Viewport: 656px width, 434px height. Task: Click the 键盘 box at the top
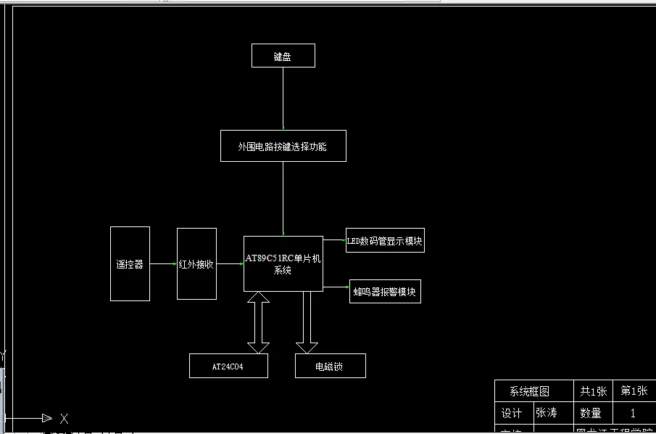coord(283,56)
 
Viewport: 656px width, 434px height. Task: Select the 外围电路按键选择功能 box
coord(283,146)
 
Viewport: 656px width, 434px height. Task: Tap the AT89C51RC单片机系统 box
coord(283,263)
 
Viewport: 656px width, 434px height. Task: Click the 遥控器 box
coord(130,263)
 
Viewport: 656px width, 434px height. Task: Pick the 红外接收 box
coord(196,263)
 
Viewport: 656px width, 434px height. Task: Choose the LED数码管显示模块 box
coord(384,241)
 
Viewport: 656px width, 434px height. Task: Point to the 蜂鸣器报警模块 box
coord(385,292)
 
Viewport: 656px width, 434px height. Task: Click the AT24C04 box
coord(228,367)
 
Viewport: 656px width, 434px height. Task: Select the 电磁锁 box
coord(330,367)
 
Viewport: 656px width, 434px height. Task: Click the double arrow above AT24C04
coord(258,323)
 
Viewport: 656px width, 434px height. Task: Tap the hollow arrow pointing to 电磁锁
coord(307,323)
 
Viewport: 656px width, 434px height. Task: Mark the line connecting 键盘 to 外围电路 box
coord(283,98)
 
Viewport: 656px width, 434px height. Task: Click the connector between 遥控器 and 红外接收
coord(163,264)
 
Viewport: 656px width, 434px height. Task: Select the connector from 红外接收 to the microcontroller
coord(230,264)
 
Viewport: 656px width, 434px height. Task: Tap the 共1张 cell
coord(593,391)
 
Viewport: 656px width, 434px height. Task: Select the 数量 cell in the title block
coord(591,413)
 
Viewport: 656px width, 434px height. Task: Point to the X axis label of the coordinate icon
coord(64,419)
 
